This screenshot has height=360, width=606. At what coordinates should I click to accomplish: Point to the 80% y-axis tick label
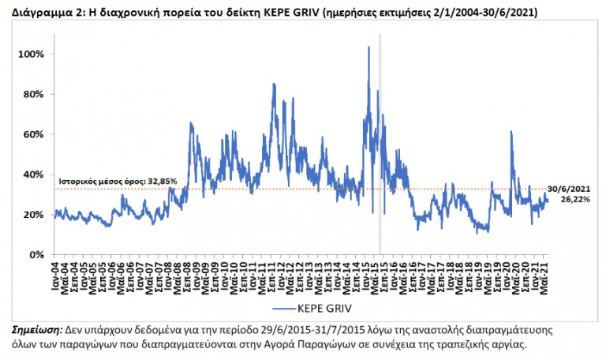pyautogui.click(x=36, y=94)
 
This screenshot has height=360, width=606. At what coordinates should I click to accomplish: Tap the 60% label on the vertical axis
pyautogui.click(x=36, y=134)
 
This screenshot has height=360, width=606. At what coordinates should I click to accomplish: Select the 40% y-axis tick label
pyautogui.click(x=36, y=174)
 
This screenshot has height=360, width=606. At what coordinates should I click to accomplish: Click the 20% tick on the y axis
pyautogui.click(x=36, y=215)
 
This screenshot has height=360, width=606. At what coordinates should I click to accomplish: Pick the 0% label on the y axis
pyautogui.click(x=38, y=255)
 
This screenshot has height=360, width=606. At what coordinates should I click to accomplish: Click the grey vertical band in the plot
pyautogui.click(x=380, y=142)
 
